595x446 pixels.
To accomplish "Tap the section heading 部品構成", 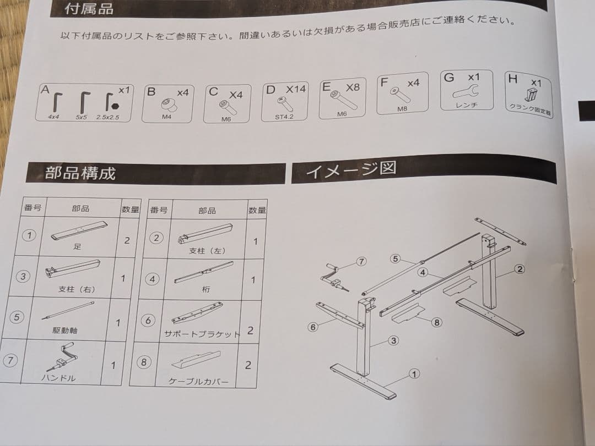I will coord(80,173).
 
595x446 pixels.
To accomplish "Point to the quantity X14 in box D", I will coord(295,89).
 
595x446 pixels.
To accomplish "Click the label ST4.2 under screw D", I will coord(284,117).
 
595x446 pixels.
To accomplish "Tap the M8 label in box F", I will coord(402,109).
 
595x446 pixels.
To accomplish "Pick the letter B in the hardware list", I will coord(151,92).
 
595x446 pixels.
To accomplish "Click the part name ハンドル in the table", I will coord(58,378).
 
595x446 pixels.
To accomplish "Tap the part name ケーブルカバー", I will coord(198,381).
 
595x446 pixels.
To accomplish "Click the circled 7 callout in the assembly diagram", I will coord(361,262).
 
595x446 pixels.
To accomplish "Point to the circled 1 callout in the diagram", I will coord(414,374).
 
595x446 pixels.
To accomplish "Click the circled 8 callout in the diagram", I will coord(436,323).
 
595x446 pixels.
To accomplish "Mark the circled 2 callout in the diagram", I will coord(519,269).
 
